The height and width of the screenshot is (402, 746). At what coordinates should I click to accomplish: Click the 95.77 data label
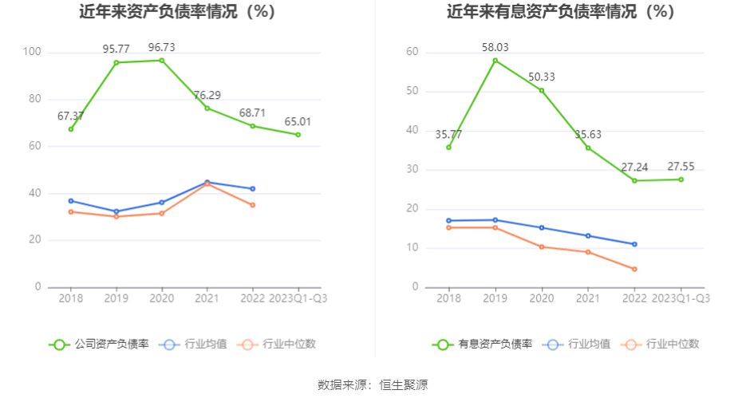pos(116,49)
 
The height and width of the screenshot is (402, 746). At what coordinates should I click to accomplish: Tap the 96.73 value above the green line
pos(162,47)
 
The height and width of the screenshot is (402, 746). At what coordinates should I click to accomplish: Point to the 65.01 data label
pos(298,121)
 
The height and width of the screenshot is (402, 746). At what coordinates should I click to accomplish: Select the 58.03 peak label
pos(495,47)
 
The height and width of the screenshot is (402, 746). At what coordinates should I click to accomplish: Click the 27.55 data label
pos(681,166)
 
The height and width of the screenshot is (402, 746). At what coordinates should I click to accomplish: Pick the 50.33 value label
pos(542,77)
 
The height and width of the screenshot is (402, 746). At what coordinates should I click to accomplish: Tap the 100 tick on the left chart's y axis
pos(33,53)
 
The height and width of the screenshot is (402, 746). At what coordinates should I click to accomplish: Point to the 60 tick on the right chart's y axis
pos(413,52)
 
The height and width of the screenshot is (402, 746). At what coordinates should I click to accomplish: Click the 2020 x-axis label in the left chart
pos(162,298)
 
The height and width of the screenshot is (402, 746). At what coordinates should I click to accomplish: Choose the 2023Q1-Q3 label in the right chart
pos(681,298)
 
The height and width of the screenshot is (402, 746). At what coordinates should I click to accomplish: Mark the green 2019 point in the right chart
pos(495,61)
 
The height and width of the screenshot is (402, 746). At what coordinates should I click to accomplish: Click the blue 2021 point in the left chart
pos(207,183)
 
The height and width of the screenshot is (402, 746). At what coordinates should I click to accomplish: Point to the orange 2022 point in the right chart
pos(634,269)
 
